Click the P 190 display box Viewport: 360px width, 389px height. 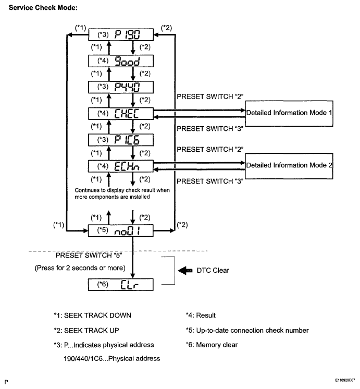(121, 34)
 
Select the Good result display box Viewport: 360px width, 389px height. (121, 61)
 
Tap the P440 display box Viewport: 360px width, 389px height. (121, 87)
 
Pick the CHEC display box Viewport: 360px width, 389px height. (121, 114)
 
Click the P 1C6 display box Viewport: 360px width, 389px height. (121, 140)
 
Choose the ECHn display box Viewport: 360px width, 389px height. (121, 166)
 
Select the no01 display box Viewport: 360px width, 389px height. (121, 230)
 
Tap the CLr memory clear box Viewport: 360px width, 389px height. (121, 285)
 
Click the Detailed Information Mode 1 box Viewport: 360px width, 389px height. (289, 113)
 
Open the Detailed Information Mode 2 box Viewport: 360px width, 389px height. (289, 166)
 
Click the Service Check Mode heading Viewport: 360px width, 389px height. (43, 8)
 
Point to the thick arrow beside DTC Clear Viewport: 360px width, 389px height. (185, 271)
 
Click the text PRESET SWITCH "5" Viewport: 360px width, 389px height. (89, 256)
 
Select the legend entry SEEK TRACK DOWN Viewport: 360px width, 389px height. (93, 315)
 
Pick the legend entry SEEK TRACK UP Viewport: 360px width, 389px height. (86, 331)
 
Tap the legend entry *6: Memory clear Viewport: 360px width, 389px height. (212, 345)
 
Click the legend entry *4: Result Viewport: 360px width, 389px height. (201, 315)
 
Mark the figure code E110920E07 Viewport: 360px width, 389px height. (345, 380)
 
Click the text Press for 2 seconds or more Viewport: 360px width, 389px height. (80, 268)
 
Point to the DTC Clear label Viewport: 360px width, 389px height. (213, 271)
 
